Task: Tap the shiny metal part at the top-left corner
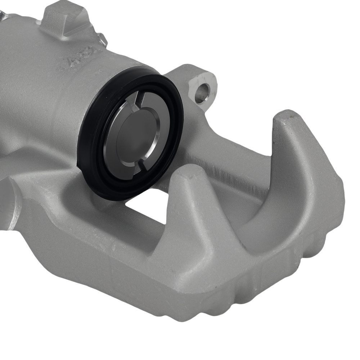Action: (x=4, y=14)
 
